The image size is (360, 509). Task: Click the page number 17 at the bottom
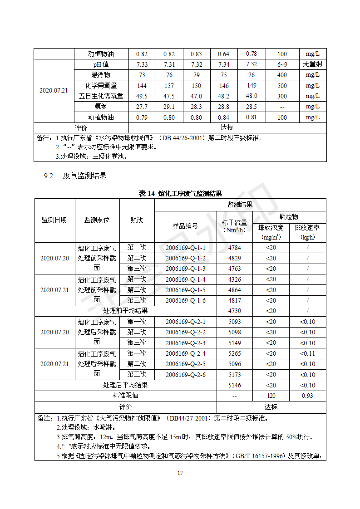click(180, 473)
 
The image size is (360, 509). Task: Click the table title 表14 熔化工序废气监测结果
click(180, 194)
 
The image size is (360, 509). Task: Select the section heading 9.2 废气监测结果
click(75, 176)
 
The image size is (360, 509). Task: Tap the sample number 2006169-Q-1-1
click(185, 248)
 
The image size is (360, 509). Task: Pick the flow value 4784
click(234, 248)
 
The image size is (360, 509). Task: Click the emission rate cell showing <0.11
click(307, 353)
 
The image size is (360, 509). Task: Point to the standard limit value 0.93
click(307, 396)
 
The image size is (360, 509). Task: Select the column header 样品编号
click(185, 226)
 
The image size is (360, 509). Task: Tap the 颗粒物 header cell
click(289, 217)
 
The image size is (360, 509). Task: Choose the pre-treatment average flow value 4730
click(234, 311)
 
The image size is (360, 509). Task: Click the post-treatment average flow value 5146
click(234, 385)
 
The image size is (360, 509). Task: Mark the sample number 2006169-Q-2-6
click(185, 375)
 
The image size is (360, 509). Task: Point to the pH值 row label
click(101, 64)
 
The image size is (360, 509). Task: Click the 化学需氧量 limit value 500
click(282, 85)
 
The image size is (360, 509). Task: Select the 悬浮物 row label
click(101, 75)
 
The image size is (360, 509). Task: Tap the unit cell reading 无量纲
click(312, 64)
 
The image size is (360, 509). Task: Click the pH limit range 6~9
click(282, 64)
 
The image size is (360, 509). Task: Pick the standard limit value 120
click(271, 396)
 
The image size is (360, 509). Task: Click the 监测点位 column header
click(97, 220)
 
